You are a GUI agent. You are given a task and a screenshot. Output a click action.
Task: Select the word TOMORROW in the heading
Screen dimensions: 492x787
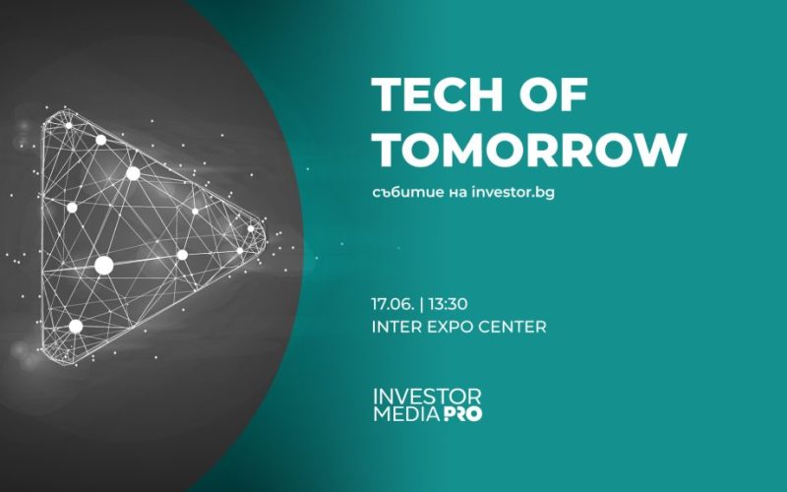[x=528, y=151]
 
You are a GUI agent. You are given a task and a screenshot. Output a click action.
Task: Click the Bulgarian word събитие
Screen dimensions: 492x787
[x=407, y=193]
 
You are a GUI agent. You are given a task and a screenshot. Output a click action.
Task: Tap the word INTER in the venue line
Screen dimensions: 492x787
[x=394, y=327]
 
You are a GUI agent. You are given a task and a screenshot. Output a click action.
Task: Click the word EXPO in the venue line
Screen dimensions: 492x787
[x=449, y=327]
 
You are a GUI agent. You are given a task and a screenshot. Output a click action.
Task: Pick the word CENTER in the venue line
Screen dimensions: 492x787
[x=514, y=327]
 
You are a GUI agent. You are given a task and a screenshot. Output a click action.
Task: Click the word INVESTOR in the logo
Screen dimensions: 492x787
[x=427, y=397]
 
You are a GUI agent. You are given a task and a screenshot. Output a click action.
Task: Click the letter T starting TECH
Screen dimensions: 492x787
[x=388, y=97]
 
